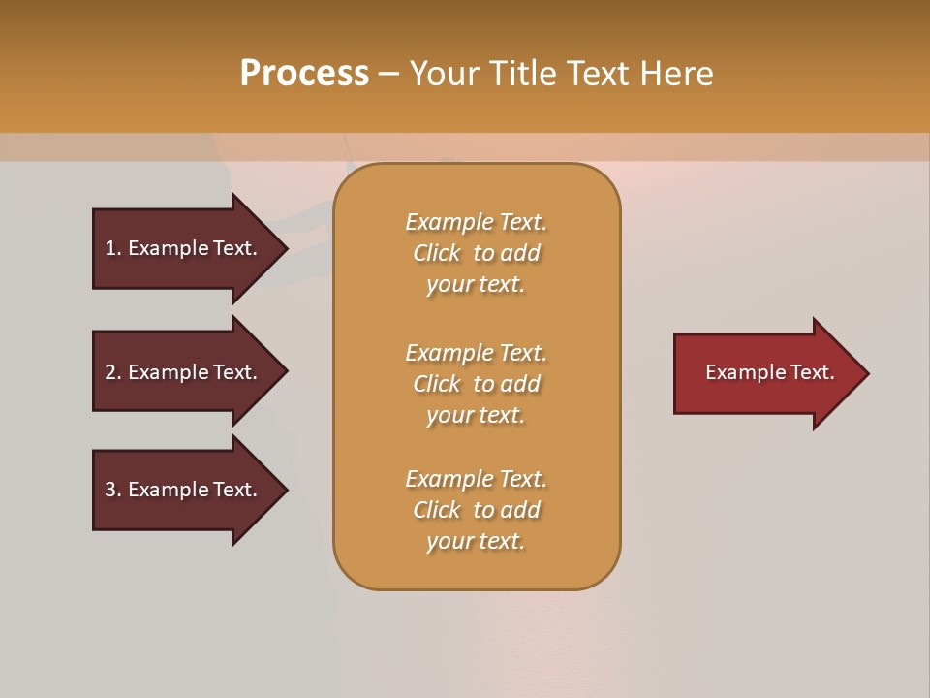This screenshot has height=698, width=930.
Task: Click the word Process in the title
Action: pyautogui.click(x=304, y=74)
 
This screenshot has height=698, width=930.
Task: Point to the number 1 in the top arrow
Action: pyautogui.click(x=110, y=248)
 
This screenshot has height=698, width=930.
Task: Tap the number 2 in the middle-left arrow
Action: pyautogui.click(x=110, y=372)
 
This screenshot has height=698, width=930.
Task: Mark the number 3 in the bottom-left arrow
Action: pyautogui.click(x=110, y=490)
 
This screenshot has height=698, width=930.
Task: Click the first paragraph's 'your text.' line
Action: pyautogui.click(x=476, y=285)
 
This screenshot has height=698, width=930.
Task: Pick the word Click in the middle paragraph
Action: pyautogui.click(x=437, y=384)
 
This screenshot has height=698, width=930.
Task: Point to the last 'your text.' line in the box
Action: pyautogui.click(x=476, y=542)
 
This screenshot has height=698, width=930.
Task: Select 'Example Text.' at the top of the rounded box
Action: pyautogui.click(x=476, y=222)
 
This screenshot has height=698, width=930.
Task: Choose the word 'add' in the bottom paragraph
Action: pyautogui.click(x=521, y=510)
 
